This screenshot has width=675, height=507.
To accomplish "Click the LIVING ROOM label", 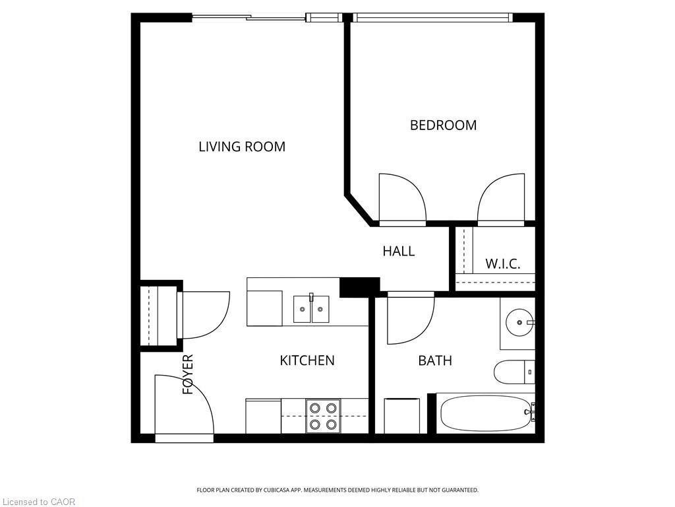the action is (242, 147).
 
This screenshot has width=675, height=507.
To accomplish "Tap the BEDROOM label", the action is (443, 125).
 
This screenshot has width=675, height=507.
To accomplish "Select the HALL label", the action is (399, 251).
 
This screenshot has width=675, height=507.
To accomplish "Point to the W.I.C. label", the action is (503, 263).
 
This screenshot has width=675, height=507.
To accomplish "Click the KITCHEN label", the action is (307, 360).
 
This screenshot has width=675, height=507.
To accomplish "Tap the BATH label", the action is (435, 360).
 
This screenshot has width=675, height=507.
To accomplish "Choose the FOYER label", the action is (188, 374).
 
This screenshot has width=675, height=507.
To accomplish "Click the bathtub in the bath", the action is (486, 413).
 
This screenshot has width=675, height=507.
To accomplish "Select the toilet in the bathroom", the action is (514, 372).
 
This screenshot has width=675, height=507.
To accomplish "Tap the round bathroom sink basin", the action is (520, 322).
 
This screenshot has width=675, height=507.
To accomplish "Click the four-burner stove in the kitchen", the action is (323, 416).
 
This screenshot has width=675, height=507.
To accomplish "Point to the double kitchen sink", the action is (311, 309).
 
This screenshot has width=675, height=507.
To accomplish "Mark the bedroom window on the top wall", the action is (432, 17).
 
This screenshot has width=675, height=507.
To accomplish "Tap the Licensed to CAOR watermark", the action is (38, 502).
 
